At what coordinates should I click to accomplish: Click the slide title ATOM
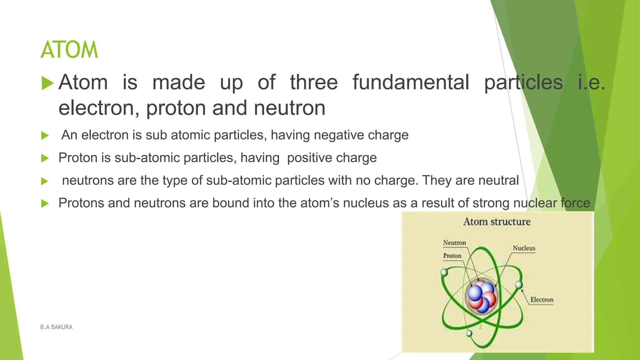pyautogui.click(x=69, y=50)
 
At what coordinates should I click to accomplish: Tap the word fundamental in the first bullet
pyautogui.click(x=411, y=82)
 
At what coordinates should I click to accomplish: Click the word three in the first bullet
pyautogui.click(x=314, y=82)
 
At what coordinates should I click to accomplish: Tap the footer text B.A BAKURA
pyautogui.click(x=56, y=327)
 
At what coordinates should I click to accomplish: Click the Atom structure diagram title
pyautogui.click(x=497, y=222)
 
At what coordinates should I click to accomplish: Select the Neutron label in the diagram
pyautogui.click(x=454, y=242)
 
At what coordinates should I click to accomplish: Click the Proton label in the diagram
pyautogui.click(x=452, y=256)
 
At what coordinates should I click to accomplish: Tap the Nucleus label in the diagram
pyautogui.click(x=524, y=248)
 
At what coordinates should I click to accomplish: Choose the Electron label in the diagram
pyautogui.click(x=542, y=299)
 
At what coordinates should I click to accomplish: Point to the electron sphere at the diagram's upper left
pyautogui.click(x=444, y=272)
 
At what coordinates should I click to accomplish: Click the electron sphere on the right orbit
pyautogui.click(x=519, y=285)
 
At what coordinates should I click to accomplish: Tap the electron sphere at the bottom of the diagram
pyautogui.click(x=469, y=333)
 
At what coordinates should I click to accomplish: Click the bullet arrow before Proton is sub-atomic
pyautogui.click(x=45, y=158)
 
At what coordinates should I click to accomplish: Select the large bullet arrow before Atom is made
pyautogui.click(x=47, y=83)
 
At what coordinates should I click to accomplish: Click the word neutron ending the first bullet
pyautogui.click(x=289, y=108)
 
